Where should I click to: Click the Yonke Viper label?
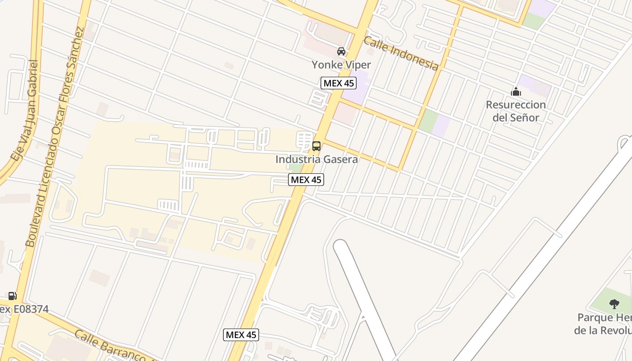pos(341,65)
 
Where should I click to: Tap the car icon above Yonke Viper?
pos(341,51)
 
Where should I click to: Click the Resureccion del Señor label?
pos(516,111)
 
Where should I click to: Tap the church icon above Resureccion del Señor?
pos(516,92)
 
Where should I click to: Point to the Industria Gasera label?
pos(316,159)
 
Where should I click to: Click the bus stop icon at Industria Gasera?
pos(316,146)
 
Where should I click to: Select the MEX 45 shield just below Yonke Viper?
pos(339,83)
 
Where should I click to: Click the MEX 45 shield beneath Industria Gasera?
pos(306,180)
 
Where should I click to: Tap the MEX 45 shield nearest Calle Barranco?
pos(241,335)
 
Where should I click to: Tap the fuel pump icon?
pos(12,296)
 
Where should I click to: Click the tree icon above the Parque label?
pos(614,304)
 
